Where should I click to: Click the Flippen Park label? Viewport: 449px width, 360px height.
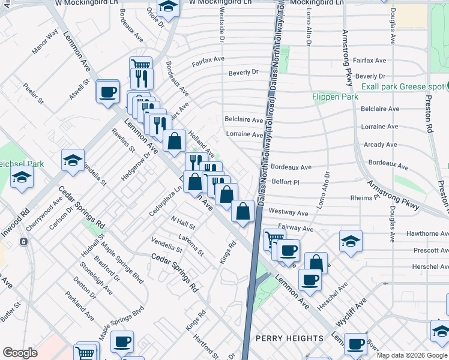335,97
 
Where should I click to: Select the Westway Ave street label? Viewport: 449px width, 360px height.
288,212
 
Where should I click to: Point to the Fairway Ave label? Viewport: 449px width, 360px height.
296,229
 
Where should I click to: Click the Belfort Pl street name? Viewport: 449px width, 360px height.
285,181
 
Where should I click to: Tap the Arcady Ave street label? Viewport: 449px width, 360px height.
380,145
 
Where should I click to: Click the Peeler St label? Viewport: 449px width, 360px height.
34,95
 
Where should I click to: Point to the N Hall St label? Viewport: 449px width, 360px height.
183,224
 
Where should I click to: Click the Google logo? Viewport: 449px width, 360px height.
20,353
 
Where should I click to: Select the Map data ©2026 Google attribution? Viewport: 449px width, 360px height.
412,355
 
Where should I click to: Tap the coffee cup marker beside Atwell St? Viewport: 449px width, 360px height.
108,92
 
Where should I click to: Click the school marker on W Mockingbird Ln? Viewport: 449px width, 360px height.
168,7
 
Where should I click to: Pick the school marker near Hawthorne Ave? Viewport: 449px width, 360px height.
351,241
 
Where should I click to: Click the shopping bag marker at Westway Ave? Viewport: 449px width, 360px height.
243,211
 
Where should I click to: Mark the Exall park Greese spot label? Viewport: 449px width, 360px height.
402,87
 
